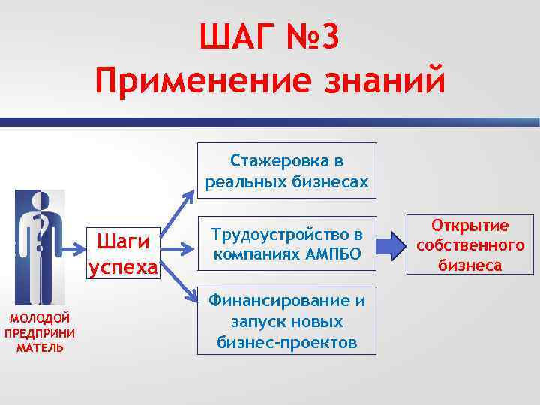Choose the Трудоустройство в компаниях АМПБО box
click(x=287, y=244)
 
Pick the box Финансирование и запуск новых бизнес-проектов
click(x=287, y=322)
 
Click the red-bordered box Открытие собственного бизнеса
click(x=469, y=245)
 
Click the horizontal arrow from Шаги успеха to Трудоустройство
click(x=178, y=245)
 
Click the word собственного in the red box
click(x=469, y=245)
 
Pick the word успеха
click(x=123, y=267)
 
